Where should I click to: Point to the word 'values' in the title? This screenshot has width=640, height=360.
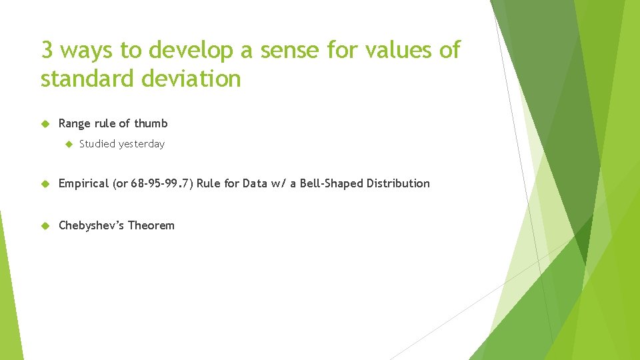pyautogui.click(x=399, y=50)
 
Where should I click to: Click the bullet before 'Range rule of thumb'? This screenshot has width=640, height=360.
pyautogui.click(x=45, y=123)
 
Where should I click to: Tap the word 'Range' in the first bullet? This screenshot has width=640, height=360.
pyautogui.click(x=75, y=124)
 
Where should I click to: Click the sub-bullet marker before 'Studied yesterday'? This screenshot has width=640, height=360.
pyautogui.click(x=67, y=144)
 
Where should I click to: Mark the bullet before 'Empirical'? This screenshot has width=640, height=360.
pyautogui.click(x=45, y=183)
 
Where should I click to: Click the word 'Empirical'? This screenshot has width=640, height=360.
pyautogui.click(x=84, y=184)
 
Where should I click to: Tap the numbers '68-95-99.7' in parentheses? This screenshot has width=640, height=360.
pyautogui.click(x=159, y=183)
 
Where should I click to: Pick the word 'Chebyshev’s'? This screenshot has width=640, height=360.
pyautogui.click(x=91, y=225)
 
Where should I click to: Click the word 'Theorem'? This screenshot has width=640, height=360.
pyautogui.click(x=151, y=225)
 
